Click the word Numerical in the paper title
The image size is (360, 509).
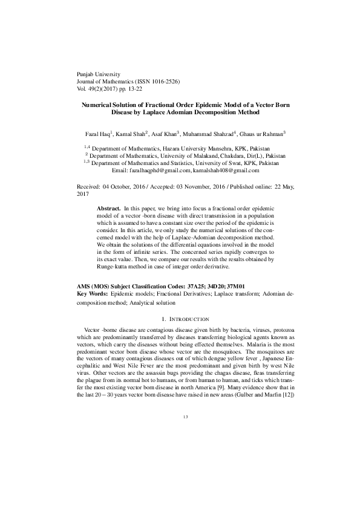99,104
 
